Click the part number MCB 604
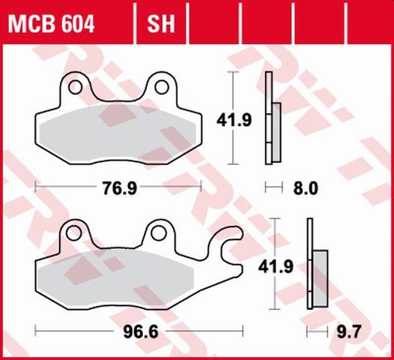[x=51, y=25]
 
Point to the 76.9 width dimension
[x=118, y=187]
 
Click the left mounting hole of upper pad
[x=75, y=88]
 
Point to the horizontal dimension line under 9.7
[x=317, y=331]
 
